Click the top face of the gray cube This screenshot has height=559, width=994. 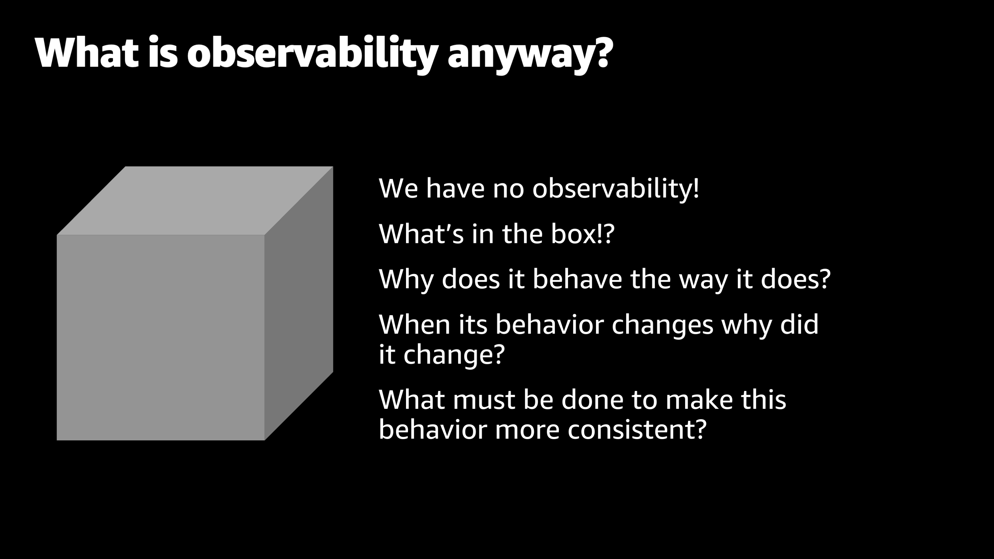point(195,200)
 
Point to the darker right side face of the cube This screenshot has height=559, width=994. point(299,303)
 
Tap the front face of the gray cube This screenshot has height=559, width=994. point(160,338)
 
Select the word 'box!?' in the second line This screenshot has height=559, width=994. point(583,234)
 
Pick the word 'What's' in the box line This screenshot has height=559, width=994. point(421,234)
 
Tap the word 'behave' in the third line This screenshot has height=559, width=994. point(577,279)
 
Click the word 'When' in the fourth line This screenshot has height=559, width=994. point(414,324)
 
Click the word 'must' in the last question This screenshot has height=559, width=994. point(484,400)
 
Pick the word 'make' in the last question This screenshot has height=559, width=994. point(699,399)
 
